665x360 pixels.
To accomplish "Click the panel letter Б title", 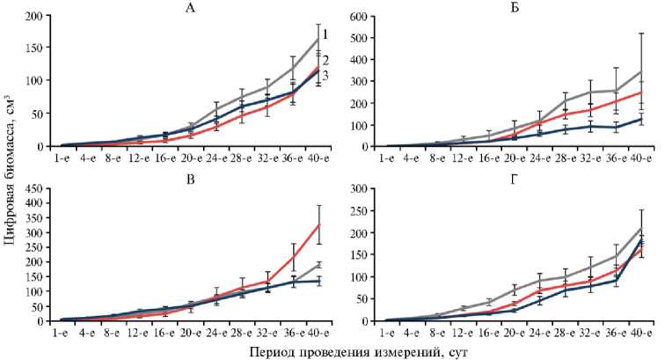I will click(521, 8).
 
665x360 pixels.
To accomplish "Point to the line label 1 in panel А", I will click(325, 34).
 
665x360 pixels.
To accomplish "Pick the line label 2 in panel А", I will click(325, 60).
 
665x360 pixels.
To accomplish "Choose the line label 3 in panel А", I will click(325, 77).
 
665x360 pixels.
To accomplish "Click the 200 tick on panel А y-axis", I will click(36, 17).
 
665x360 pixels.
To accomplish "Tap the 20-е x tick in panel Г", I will click(519, 333).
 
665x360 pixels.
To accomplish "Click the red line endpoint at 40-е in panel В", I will click(318, 224).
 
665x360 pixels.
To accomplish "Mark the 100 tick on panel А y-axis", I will click(36, 81).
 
